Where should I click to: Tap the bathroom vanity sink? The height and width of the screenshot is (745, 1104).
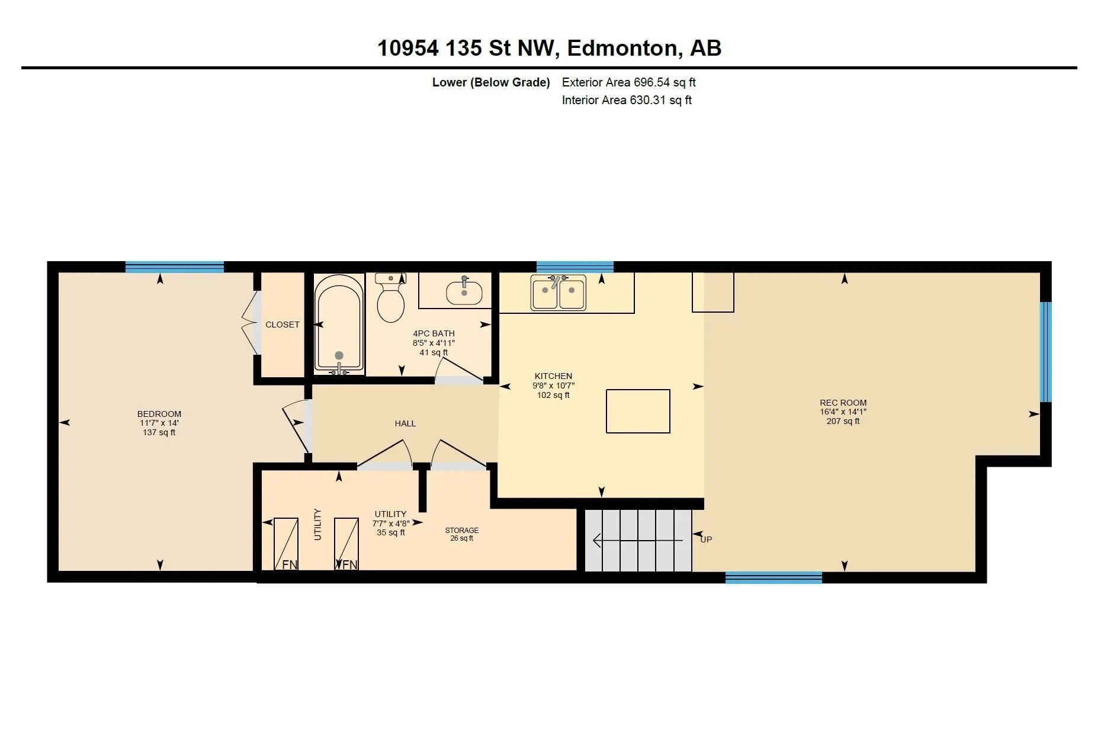pyautogui.click(x=464, y=291)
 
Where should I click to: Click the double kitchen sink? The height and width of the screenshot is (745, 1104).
pyautogui.click(x=559, y=292)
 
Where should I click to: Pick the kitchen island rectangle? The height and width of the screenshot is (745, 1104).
pyautogui.click(x=638, y=411)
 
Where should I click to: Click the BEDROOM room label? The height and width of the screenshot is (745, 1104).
pyautogui.click(x=159, y=414)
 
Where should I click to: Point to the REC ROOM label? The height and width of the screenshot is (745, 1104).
pyautogui.click(x=843, y=403)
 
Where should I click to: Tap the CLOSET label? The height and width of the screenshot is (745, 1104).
pyautogui.click(x=283, y=325)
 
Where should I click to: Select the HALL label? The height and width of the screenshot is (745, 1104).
pyautogui.click(x=406, y=423)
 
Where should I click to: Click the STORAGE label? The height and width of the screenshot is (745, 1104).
pyautogui.click(x=462, y=531)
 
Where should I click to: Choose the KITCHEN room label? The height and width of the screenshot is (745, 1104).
pyautogui.click(x=554, y=376)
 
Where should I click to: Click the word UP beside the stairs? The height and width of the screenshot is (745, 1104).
pyautogui.click(x=706, y=540)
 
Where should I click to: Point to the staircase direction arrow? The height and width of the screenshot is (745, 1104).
pyautogui.click(x=638, y=540)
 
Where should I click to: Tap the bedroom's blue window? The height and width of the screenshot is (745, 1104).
pyautogui.click(x=175, y=267)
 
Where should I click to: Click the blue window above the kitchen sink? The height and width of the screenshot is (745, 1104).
pyautogui.click(x=575, y=267)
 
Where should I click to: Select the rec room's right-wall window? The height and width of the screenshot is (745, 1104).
pyautogui.click(x=1046, y=352)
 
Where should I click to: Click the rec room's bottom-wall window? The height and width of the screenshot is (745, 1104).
pyautogui.click(x=774, y=577)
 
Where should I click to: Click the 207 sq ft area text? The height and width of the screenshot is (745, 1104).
pyautogui.click(x=843, y=422)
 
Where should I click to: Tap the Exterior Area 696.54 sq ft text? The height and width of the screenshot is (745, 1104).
pyautogui.click(x=629, y=82)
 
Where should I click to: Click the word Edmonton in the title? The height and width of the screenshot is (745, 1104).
pyautogui.click(x=622, y=48)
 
